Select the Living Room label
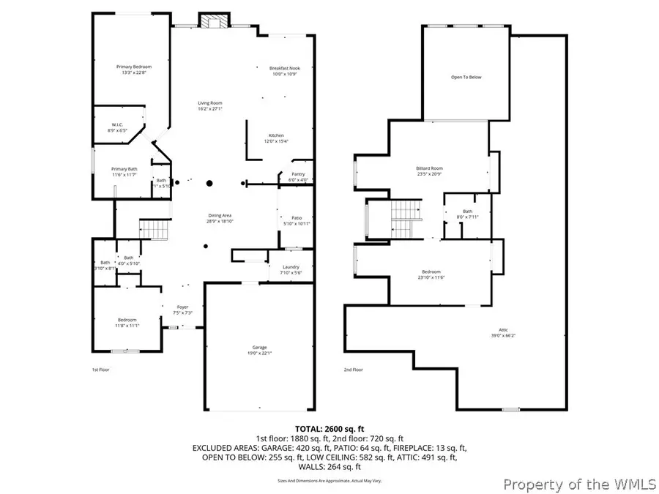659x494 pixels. pos(209,103)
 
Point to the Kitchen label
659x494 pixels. pos(276,135)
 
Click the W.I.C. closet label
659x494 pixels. pos(116,124)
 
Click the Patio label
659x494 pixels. pos(297,218)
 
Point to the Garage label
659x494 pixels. pos(260,347)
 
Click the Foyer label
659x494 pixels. pos(182,307)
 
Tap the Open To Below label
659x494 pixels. pos(466,77)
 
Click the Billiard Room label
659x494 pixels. pos(429,168)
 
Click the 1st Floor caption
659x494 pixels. pos(101,370)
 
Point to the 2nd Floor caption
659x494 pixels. pos(353,370)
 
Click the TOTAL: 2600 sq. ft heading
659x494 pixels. pos(329,428)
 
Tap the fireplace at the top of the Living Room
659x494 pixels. pos(213,20)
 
